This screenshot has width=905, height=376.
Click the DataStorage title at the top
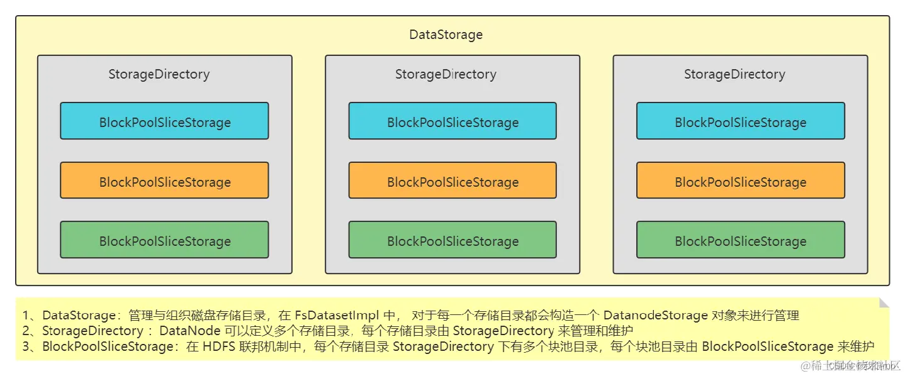[446, 35]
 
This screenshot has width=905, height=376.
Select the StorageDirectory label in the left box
[159, 74]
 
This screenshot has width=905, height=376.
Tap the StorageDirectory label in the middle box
[446, 74]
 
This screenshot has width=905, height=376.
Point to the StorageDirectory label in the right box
[734, 74]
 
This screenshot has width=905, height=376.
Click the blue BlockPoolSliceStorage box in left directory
[164, 121]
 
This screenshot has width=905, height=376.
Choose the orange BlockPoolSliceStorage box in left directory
[164, 181]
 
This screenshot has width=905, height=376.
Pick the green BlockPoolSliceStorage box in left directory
[164, 240]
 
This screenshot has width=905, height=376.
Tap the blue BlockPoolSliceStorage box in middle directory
[453, 121]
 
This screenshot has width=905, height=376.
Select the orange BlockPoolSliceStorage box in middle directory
[453, 181]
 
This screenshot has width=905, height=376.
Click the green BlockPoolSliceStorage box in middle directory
[453, 240]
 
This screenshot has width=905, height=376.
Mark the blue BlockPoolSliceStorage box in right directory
[740, 121]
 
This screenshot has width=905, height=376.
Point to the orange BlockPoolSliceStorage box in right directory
[740, 181]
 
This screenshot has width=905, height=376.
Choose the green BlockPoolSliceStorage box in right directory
[740, 240]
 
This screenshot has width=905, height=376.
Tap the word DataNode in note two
[189, 331]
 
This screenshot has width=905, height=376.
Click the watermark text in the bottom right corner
[846, 365]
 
